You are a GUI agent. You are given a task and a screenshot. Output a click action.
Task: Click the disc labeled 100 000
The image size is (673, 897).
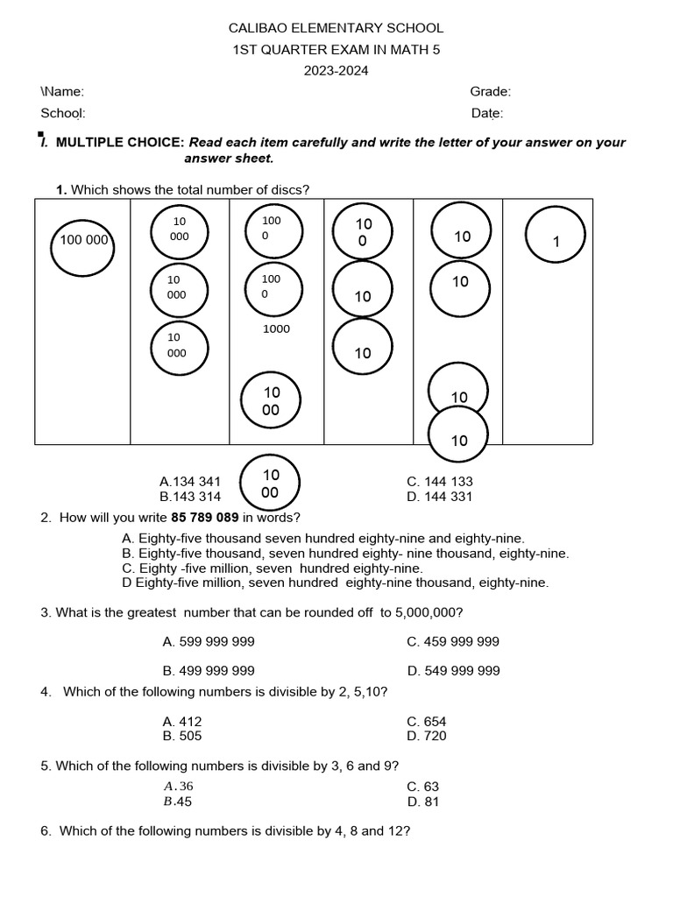coord(84,240)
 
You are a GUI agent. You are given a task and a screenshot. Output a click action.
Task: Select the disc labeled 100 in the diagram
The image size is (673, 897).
coord(363,231)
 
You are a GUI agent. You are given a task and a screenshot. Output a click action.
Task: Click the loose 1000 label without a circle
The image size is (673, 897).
coord(276,329)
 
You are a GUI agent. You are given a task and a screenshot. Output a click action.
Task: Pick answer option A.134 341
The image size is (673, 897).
coord(190,482)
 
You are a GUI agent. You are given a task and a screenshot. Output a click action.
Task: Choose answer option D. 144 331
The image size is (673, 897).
coord(440,497)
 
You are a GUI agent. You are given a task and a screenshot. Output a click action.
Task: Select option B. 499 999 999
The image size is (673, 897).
coord(209,671)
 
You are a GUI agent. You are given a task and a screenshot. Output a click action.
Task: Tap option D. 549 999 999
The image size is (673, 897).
coord(453,671)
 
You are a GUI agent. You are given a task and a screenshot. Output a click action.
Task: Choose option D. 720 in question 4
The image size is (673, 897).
coord(427,736)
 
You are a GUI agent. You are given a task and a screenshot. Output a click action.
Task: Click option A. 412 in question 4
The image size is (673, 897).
coord(182,722)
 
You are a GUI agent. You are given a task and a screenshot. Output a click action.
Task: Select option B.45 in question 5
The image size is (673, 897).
coord(178,802)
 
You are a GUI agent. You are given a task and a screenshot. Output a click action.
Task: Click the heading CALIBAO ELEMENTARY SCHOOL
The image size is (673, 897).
coord(336,29)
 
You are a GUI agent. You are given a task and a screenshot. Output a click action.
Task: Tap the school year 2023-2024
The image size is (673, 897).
coord(336,71)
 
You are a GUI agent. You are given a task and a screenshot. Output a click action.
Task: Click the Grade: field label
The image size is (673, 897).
coord(490,92)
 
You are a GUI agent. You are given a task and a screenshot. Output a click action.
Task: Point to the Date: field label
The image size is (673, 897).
coord(486,113)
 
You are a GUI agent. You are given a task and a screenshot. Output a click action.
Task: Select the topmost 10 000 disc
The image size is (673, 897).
coord(180,230)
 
